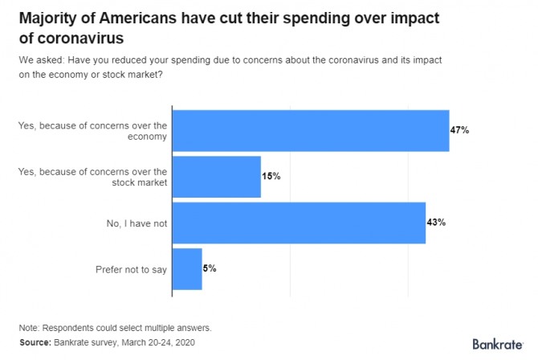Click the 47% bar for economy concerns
click(311, 130)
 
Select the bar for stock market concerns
click(217, 176)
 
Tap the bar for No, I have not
click(299, 223)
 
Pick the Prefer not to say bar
click(187, 269)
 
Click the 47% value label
click(459, 130)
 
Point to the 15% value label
click(271, 176)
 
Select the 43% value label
click(435, 222)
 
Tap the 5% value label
click(210, 268)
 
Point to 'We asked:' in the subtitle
click(39, 59)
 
